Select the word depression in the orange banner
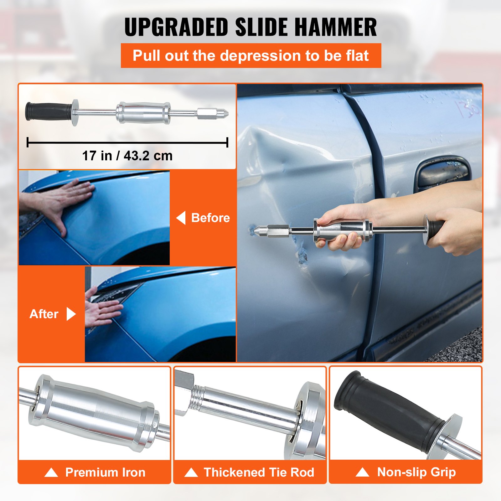[x=260, y=56]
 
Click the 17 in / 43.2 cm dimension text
[x=127, y=156]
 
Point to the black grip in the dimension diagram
[x=49, y=111]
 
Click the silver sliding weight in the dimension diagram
[x=143, y=113]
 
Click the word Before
[x=210, y=218]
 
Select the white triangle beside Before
[x=181, y=218]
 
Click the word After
[x=44, y=314]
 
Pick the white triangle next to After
[x=71, y=314]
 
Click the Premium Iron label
[x=105, y=472]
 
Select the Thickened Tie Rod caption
[x=259, y=472]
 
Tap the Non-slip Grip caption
[x=416, y=472]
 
